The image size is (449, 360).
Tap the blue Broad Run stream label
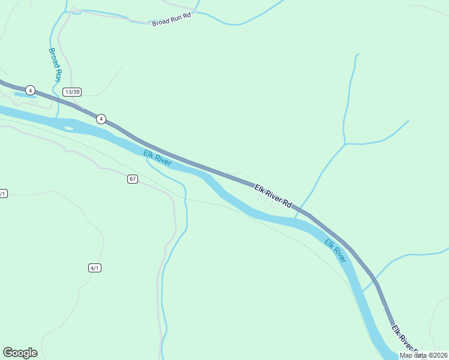[55, 65]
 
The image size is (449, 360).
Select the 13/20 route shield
[72, 92]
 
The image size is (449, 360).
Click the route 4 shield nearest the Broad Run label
[30, 91]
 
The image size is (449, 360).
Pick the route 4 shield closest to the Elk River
[101, 119]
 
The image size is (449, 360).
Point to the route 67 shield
[133, 179]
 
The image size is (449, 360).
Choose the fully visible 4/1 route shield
[95, 268]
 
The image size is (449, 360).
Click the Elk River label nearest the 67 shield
[158, 158]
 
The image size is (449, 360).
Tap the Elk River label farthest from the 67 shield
[335, 250]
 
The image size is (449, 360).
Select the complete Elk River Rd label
[273, 197]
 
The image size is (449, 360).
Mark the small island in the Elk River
[68, 127]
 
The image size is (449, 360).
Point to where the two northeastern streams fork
[345, 143]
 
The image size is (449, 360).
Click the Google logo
[20, 353]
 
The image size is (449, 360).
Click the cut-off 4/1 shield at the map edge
[2, 193]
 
